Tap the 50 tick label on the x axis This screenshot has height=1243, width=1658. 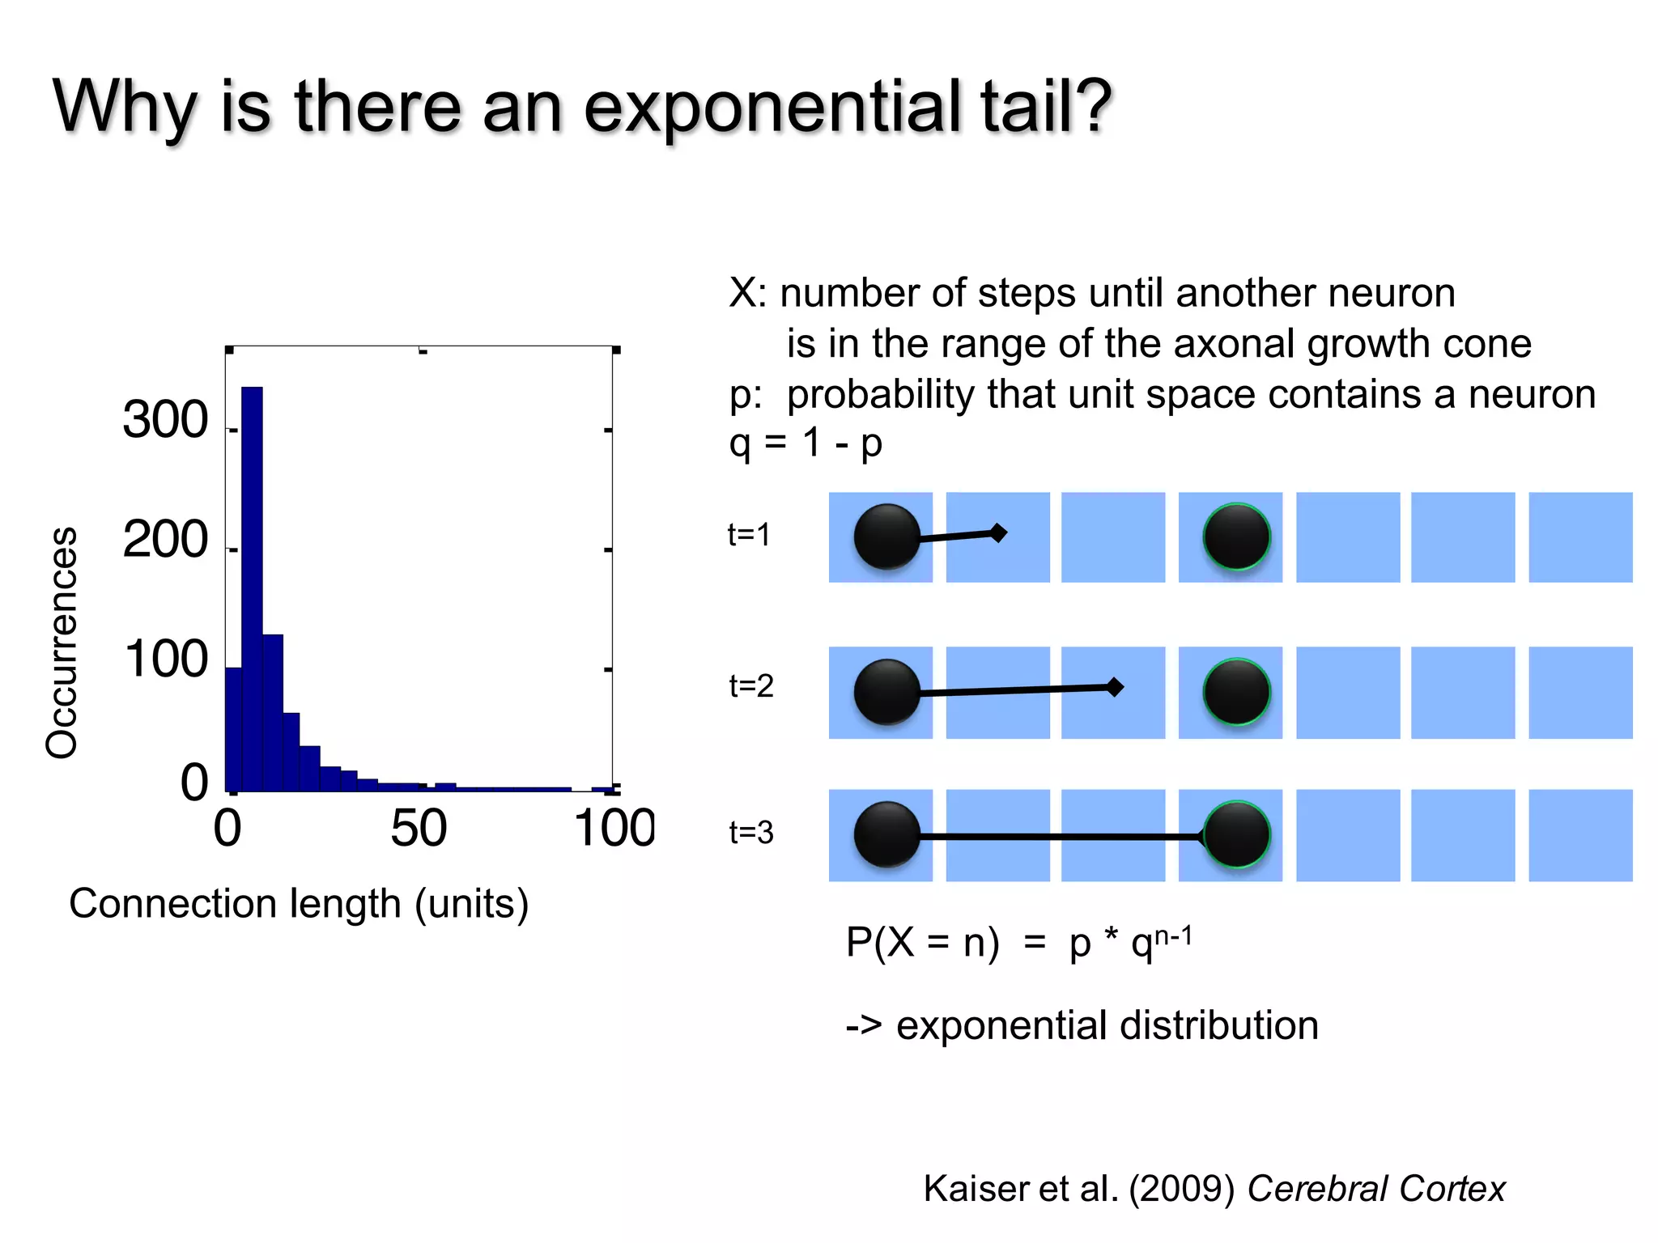tap(418, 829)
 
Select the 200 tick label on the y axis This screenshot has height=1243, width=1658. tap(166, 540)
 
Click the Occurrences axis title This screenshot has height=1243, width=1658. tap(62, 643)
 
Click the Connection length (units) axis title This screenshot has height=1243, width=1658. tap(299, 903)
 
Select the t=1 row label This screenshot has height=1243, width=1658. tap(749, 535)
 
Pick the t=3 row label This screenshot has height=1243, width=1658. tap(751, 833)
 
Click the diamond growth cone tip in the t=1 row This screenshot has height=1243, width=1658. tap(998, 532)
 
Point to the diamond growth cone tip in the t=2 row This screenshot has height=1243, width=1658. tap(1115, 687)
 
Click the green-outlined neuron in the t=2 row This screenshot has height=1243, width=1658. tap(1236, 692)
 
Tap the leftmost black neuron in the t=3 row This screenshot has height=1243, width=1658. tap(887, 834)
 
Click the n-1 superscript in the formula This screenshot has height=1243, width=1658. tap(1173, 937)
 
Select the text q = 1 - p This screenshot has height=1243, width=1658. tap(805, 443)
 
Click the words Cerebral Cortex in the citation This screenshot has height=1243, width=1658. tap(1375, 1189)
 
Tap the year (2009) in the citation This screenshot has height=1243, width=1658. tap(1182, 1189)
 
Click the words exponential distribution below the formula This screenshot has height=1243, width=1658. tap(1107, 1025)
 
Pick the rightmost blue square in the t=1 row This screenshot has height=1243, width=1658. tap(1579, 537)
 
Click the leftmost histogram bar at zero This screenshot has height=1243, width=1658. tap(233, 728)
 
